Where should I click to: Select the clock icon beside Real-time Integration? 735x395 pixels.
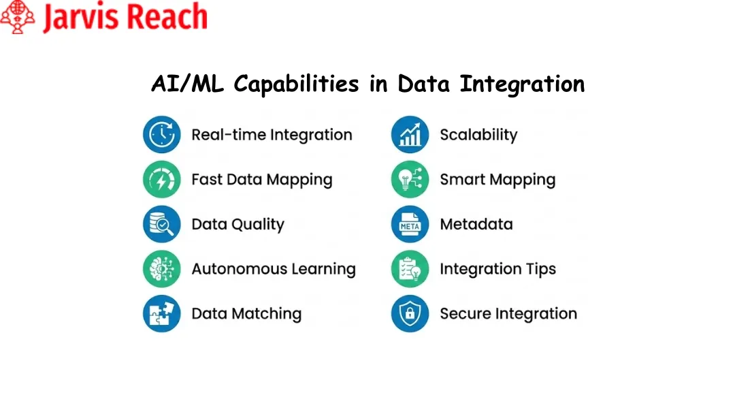(161, 134)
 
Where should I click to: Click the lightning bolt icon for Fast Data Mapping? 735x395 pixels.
(161, 179)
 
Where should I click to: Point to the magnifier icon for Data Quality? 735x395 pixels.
(161, 224)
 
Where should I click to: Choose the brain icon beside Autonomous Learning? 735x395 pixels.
(161, 269)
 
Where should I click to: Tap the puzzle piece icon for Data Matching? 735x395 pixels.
(161, 313)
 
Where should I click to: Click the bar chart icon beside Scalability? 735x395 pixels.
(410, 134)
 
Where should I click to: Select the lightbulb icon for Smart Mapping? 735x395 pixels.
(410, 179)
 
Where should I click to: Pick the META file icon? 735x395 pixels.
(410, 224)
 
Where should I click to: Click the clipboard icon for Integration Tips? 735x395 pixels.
(410, 269)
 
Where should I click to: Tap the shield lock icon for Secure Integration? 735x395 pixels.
(410, 313)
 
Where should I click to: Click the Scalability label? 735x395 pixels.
(478, 135)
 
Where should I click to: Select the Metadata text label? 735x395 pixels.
(476, 224)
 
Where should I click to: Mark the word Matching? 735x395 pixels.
(266, 314)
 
